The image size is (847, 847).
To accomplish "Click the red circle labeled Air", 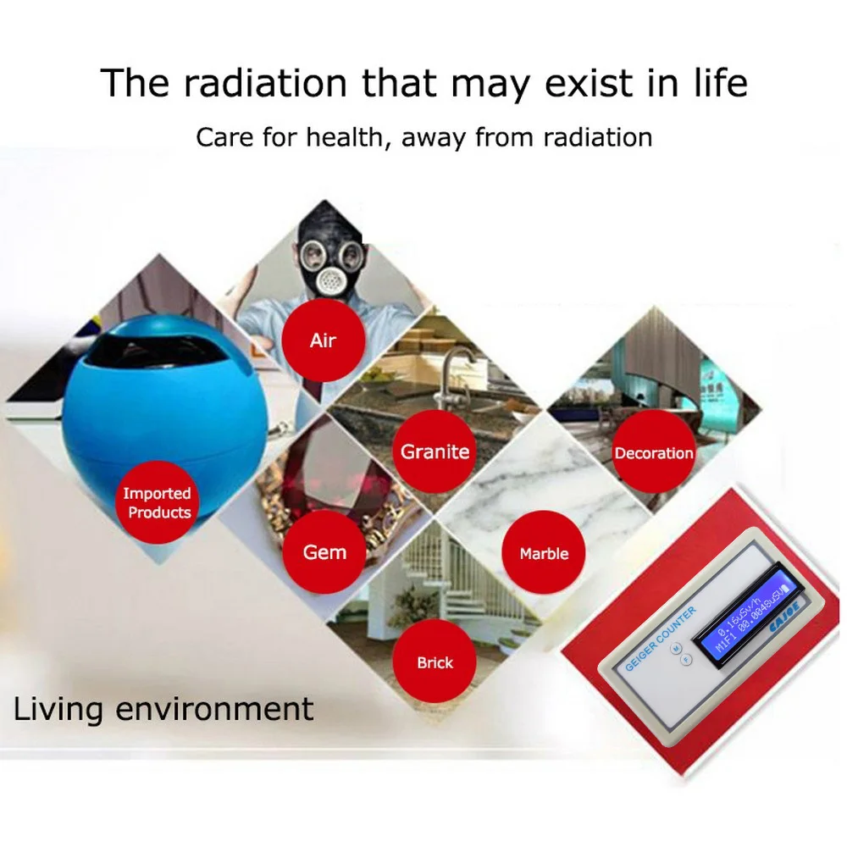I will pos(323,340).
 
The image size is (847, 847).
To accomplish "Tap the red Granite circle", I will pos(435,451).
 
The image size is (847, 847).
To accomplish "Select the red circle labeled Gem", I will pos(324,552).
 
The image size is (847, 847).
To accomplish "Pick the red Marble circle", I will pos(544,553).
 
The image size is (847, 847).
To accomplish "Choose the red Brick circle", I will pos(435,662).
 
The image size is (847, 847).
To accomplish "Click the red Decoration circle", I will pos(654,453).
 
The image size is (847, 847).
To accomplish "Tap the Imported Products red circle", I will pos(157,502).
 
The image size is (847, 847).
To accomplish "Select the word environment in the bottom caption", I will pos(214,708).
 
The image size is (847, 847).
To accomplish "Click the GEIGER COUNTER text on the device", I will pos(661,639).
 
